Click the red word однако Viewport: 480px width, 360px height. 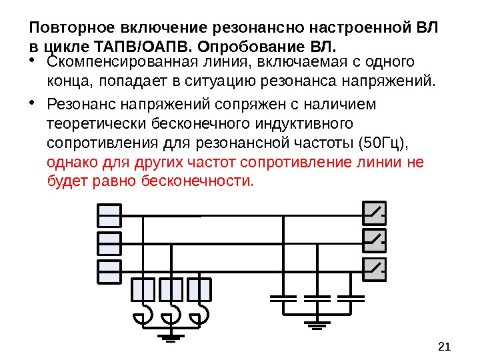click(x=69, y=162)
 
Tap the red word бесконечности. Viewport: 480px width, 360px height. click(x=197, y=180)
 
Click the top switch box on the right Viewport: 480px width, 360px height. click(x=375, y=214)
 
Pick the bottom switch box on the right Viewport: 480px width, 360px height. click(x=375, y=269)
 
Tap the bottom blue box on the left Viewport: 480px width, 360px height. click(x=109, y=271)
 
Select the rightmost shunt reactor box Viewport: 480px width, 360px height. click(x=199, y=290)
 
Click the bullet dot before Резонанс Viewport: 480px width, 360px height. click(x=34, y=105)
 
